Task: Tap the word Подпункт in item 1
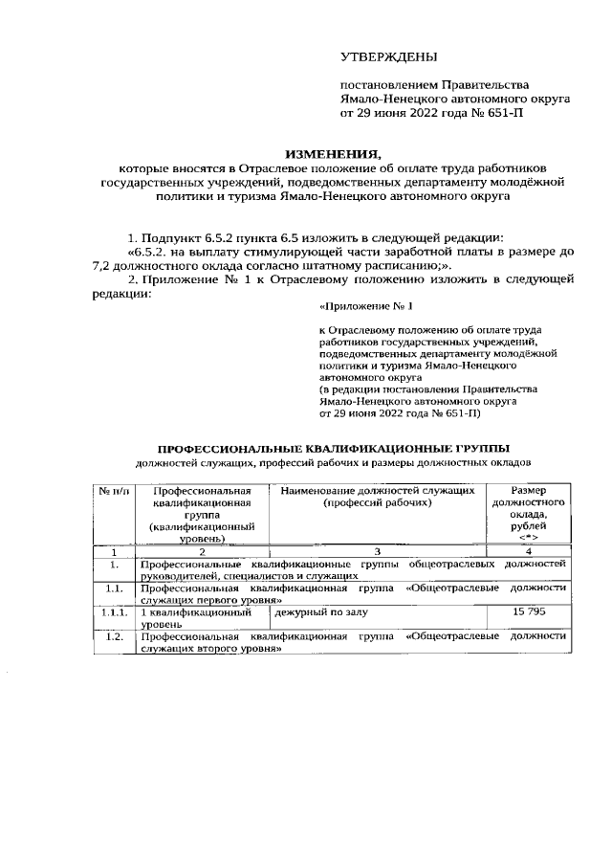click(x=171, y=236)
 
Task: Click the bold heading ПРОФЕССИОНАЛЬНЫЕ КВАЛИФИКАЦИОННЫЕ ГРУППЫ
click(x=333, y=448)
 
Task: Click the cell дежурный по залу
click(x=319, y=610)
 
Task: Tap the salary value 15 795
click(x=528, y=610)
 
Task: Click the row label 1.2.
click(x=114, y=635)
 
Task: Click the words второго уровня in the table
click(x=235, y=649)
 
